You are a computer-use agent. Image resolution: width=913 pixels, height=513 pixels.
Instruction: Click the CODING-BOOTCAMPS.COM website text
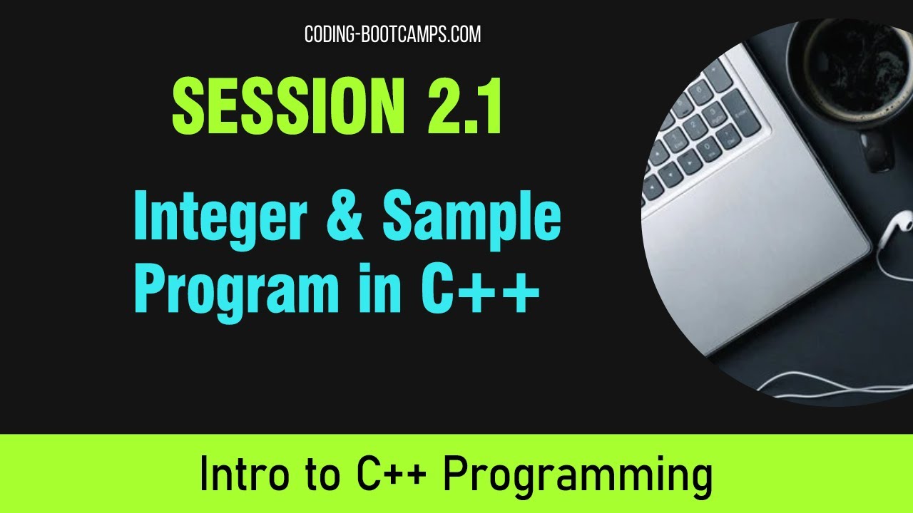pos(392,33)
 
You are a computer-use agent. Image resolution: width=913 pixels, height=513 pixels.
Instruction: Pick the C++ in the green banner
pos(385,475)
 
